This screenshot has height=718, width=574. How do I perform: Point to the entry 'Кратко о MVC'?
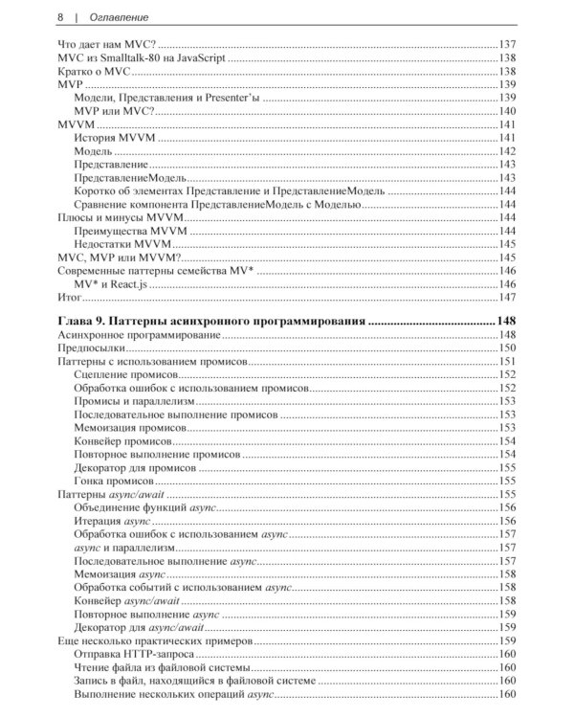coord(94,71)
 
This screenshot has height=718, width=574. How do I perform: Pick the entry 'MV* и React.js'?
coord(113,284)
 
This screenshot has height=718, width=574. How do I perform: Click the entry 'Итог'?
coord(71,298)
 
